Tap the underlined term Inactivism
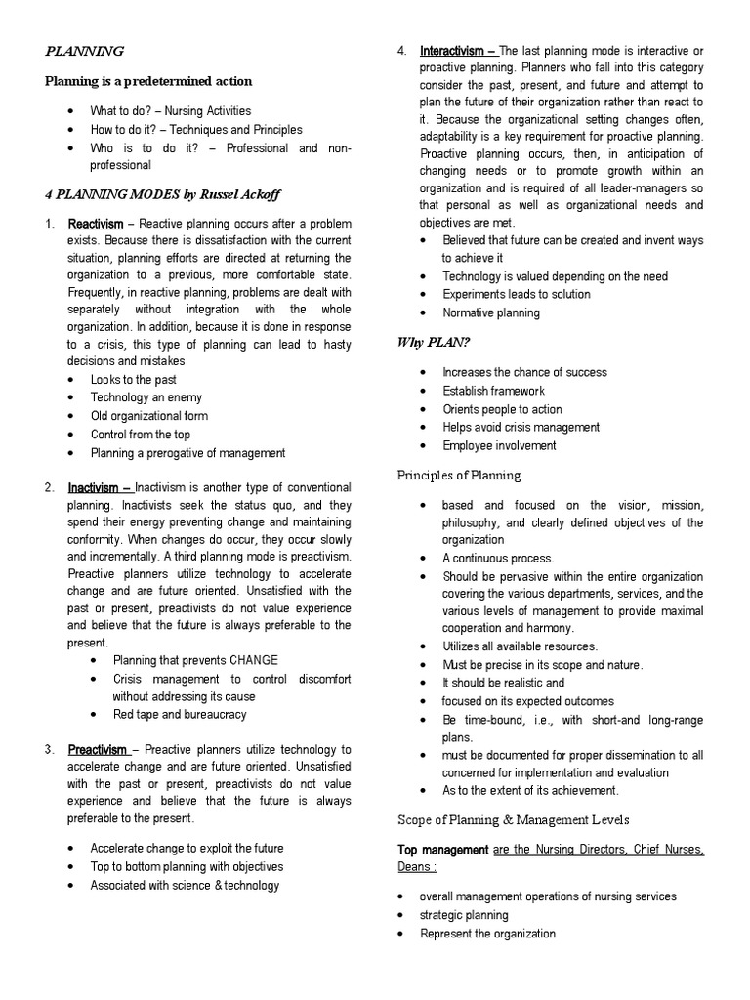100,488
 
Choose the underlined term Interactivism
459,51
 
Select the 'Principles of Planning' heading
458,476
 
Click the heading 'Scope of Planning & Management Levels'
513,819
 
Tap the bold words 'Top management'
442,850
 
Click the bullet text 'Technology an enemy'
146,397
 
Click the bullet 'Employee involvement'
499,445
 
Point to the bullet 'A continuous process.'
497,559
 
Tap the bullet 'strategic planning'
464,915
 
